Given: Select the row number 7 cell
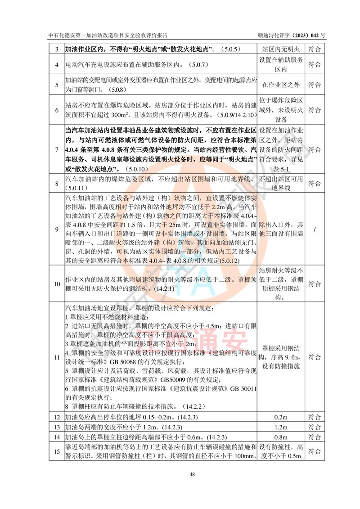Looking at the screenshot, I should point(57,150).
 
